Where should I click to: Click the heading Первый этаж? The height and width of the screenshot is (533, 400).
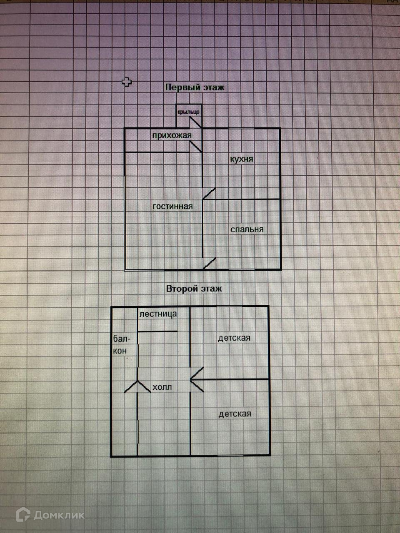tap(195, 87)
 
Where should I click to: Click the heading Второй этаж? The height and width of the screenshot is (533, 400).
tap(194, 289)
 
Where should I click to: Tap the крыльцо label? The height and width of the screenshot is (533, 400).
tap(188, 112)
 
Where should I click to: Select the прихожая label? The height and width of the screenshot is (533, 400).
tap(172, 135)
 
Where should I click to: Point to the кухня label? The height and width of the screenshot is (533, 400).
tap(242, 159)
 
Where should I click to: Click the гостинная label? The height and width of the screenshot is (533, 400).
tap(172, 206)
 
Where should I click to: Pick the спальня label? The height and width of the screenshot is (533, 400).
tap(247, 229)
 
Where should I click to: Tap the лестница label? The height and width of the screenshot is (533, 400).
tap(158, 314)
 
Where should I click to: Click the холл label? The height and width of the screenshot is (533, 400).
tap(162, 387)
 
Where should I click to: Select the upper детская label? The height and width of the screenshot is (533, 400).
tap(234, 338)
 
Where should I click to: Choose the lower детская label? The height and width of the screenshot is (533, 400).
tap(235, 413)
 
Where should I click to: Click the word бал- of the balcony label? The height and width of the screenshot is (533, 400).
tap(119, 339)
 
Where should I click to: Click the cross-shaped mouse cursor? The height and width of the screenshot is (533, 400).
tap(127, 82)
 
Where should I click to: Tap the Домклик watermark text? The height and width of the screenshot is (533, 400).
tap(59, 516)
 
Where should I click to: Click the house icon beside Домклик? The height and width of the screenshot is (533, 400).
tap(23, 515)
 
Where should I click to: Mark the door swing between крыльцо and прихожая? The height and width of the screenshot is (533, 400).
tap(196, 122)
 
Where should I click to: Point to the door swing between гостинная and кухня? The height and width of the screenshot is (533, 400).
tap(209, 194)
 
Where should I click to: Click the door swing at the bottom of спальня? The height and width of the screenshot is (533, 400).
tap(210, 264)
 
